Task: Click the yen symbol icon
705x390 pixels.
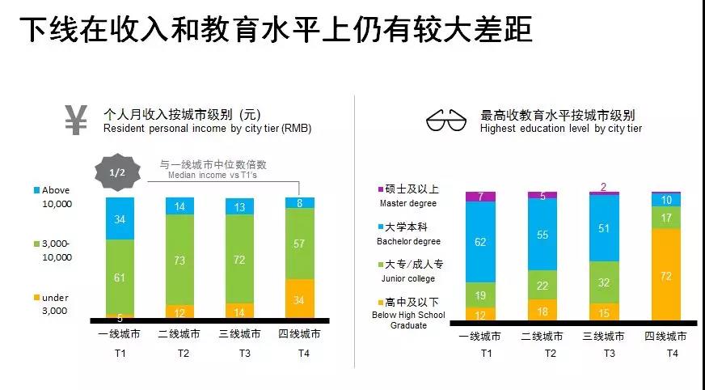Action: (76, 120)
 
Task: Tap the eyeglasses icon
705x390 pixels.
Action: (447, 122)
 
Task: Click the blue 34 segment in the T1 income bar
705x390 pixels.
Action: (120, 218)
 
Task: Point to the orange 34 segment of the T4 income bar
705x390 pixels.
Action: (300, 299)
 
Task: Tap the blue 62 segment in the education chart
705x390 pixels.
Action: (481, 241)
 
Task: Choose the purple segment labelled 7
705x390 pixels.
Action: (481, 197)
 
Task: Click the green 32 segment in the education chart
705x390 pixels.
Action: (604, 282)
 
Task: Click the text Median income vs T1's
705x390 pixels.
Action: (213, 175)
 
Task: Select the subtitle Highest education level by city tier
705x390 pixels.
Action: (560, 129)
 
